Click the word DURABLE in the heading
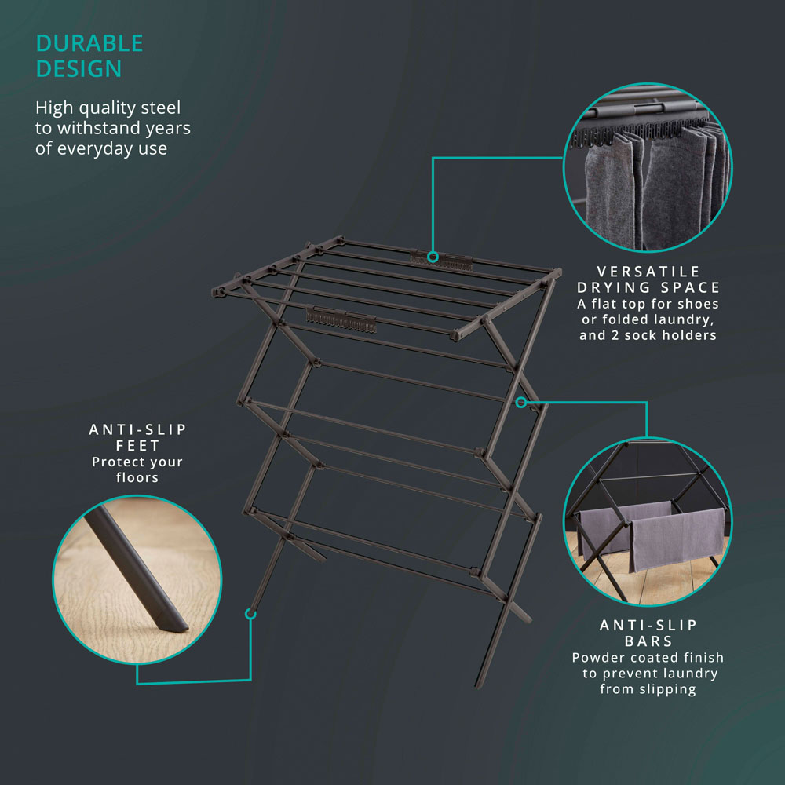click(x=89, y=43)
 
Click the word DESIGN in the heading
click(x=78, y=68)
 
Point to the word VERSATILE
click(x=648, y=272)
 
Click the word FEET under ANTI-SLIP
click(x=137, y=446)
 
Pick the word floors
click(x=137, y=477)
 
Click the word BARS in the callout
click(x=648, y=641)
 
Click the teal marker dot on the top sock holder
click(x=433, y=257)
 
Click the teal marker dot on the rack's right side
click(x=521, y=402)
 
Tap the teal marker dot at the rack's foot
click(x=251, y=614)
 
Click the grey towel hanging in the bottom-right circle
click(x=677, y=539)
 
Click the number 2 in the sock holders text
click(x=615, y=335)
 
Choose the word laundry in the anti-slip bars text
click(x=689, y=674)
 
